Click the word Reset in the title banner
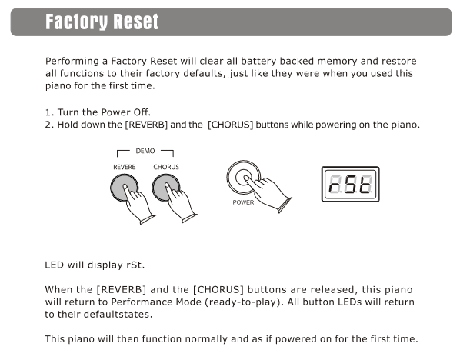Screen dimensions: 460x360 (136, 22)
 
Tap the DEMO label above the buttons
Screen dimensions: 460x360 (145, 151)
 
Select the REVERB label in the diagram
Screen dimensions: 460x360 (125, 167)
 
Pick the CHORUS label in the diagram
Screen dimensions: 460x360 (166, 167)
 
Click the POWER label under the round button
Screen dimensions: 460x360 (243, 202)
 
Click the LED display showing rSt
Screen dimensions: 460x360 (351, 185)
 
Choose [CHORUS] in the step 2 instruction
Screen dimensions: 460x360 (230, 125)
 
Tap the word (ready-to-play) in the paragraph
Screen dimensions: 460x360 (244, 302)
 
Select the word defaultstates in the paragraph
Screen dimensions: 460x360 (118, 315)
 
